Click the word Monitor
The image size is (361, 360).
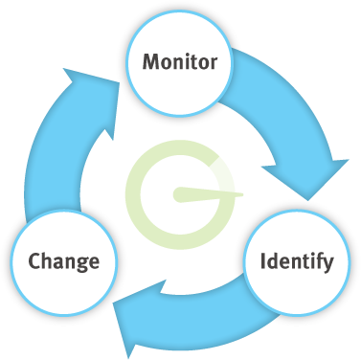coord(180,63)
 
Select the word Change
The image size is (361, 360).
coord(64,259)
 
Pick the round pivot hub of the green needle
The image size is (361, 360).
coord(179,195)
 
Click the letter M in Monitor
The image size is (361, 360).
coord(150,63)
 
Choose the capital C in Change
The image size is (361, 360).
coord(34,259)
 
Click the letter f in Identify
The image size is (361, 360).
coord(317,259)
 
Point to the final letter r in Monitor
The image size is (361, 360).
coord(214,65)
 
